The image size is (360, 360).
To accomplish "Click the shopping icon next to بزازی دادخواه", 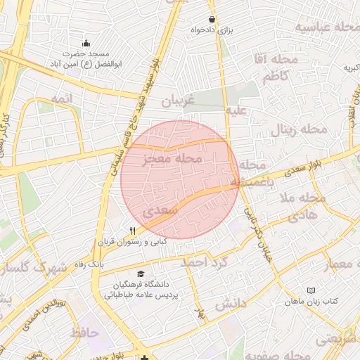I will [x=212, y=19].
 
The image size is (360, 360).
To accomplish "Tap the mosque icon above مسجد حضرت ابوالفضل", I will [x=86, y=44].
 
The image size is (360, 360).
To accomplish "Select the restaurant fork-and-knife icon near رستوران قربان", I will [x=132, y=231].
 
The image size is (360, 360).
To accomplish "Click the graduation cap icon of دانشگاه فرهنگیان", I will [x=141, y=274].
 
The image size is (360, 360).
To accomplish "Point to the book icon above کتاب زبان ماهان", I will [x=311, y=290].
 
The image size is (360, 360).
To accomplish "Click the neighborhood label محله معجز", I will [x=172, y=160].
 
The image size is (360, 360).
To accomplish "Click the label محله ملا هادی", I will [x=302, y=206].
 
